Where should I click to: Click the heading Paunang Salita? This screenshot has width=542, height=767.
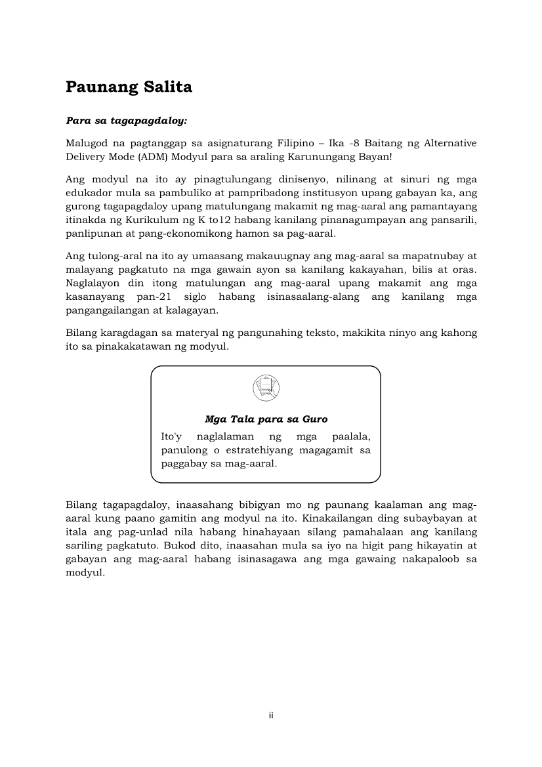(129, 87)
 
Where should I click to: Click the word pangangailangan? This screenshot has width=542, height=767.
(106, 312)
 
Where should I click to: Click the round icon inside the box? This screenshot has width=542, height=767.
(266, 388)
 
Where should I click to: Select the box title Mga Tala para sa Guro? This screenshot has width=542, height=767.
(266, 419)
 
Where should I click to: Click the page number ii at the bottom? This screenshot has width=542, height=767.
(270, 715)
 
